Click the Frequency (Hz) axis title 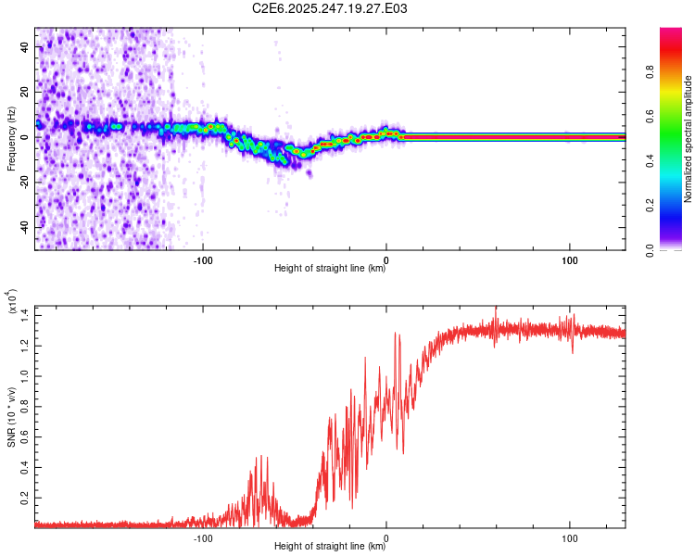click(11, 138)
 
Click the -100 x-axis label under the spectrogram click(204, 259)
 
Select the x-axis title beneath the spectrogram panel click(330, 269)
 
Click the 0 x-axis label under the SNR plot click(386, 537)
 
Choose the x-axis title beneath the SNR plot click(330, 547)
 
